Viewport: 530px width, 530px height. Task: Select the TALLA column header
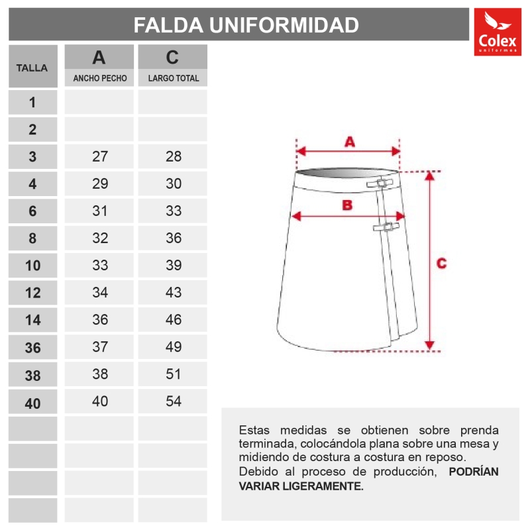click(x=32, y=67)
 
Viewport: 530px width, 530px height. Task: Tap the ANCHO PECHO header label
click(x=100, y=78)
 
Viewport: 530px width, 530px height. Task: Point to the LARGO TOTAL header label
click(x=174, y=78)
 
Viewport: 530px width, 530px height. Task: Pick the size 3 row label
click(x=32, y=157)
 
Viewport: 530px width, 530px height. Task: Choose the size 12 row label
click(x=32, y=293)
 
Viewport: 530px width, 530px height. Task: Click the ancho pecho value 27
click(x=100, y=157)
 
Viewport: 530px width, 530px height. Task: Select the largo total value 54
click(x=174, y=401)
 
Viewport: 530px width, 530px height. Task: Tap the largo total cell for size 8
click(x=174, y=238)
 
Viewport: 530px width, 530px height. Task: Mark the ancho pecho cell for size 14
click(x=100, y=320)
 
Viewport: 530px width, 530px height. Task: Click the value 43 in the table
click(x=174, y=293)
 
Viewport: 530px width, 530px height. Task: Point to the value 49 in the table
click(x=174, y=347)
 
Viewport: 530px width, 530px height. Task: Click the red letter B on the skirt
click(x=346, y=205)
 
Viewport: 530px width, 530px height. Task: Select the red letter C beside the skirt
click(x=442, y=263)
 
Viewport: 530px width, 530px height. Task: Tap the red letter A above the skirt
click(x=350, y=142)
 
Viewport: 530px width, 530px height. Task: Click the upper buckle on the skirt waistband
click(x=383, y=184)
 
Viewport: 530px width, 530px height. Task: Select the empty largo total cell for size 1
click(x=174, y=103)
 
